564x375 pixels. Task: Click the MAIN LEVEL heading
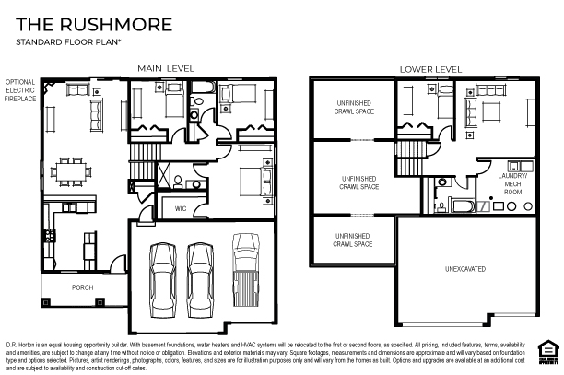click(165, 69)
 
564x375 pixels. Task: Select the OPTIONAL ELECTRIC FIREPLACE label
click(20, 89)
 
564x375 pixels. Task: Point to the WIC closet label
click(182, 209)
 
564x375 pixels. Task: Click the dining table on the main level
click(72, 170)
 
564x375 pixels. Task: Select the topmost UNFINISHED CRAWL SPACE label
click(353, 107)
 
